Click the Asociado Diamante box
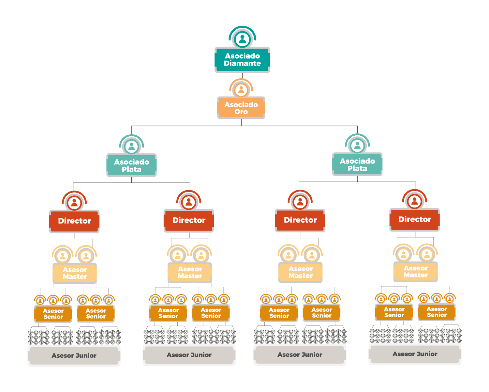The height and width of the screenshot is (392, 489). click(x=242, y=59)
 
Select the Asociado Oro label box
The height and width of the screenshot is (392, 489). click(x=241, y=108)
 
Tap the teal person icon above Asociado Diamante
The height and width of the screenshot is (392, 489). click(x=242, y=39)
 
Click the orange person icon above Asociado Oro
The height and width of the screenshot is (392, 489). click(x=241, y=89)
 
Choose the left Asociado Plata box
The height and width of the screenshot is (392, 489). click(x=131, y=165)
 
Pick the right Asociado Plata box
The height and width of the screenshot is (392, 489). click(x=357, y=164)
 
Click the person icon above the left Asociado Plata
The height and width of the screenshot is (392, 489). click(x=131, y=146)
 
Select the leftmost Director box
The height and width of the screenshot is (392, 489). click(x=74, y=221)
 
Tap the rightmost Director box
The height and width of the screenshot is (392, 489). click(x=415, y=219)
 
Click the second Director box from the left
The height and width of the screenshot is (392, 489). click(x=189, y=220)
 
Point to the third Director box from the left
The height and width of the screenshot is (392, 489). click(x=300, y=220)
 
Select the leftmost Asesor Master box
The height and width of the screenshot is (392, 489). click(x=75, y=273)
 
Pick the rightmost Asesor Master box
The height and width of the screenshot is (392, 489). click(x=416, y=271)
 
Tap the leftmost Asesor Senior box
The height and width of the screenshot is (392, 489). click(x=53, y=313)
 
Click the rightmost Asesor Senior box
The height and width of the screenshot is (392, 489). click(x=437, y=312)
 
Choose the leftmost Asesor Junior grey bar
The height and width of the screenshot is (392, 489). click(x=74, y=355)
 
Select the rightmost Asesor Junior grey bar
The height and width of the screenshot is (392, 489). click(x=415, y=354)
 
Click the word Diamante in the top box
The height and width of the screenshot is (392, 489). click(x=242, y=63)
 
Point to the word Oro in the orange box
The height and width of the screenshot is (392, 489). click(x=241, y=112)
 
